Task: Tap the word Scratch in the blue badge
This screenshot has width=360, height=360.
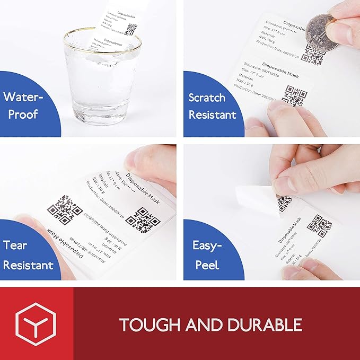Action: tap(207, 98)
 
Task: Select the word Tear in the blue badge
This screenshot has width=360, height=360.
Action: tap(15, 246)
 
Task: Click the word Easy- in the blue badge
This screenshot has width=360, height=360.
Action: tap(206, 245)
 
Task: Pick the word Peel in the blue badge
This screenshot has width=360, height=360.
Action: tap(207, 264)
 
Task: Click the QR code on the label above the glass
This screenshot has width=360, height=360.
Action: tap(133, 29)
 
